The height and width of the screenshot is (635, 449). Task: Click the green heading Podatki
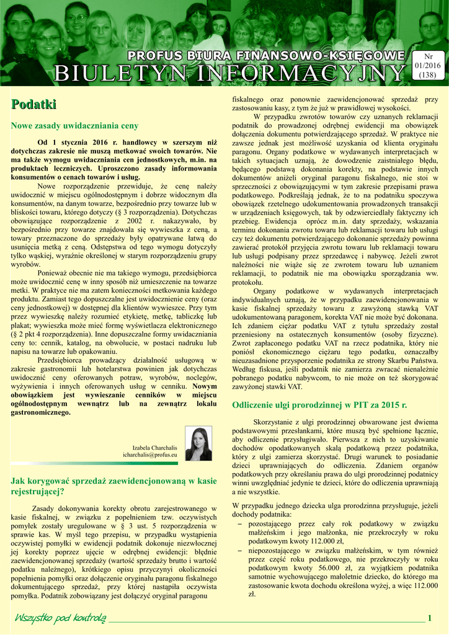click(x=33, y=104)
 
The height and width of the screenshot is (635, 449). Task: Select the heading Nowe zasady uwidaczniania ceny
click(x=74, y=126)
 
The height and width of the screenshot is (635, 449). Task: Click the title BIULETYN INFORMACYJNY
click(x=229, y=73)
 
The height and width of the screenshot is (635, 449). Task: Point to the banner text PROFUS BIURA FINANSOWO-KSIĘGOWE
click(x=266, y=56)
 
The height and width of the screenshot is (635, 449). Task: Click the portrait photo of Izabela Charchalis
click(x=198, y=445)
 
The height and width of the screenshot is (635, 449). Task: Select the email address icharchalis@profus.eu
click(x=150, y=456)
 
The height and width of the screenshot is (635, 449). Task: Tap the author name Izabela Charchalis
click(x=155, y=448)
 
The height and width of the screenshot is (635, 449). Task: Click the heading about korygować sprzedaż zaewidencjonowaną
click(x=113, y=486)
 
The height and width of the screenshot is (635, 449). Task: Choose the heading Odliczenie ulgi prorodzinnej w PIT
click(x=319, y=405)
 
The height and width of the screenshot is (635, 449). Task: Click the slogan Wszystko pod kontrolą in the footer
click(x=61, y=618)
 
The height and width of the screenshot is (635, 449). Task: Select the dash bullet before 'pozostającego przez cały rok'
click(x=240, y=524)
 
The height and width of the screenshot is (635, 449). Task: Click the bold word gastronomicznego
click(x=41, y=412)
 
